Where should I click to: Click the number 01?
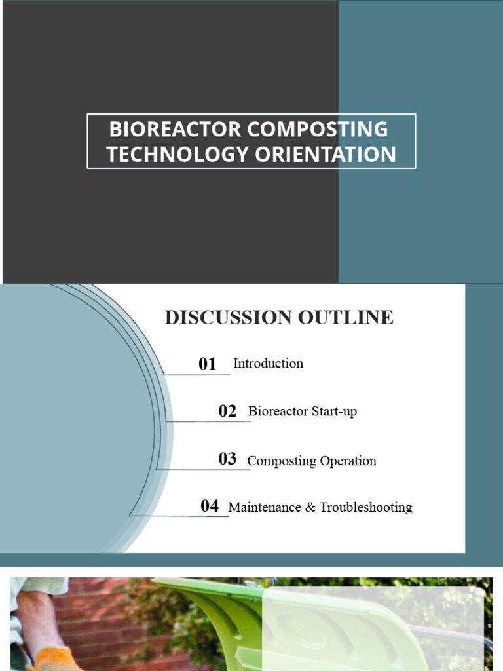208,364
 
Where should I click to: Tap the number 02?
227,412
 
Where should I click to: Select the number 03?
227,459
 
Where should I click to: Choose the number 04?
210,506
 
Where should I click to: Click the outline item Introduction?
268,364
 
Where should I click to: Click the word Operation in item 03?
348,461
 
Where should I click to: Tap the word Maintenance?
264,507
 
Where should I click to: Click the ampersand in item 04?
310,507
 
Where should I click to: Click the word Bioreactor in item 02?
275,412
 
